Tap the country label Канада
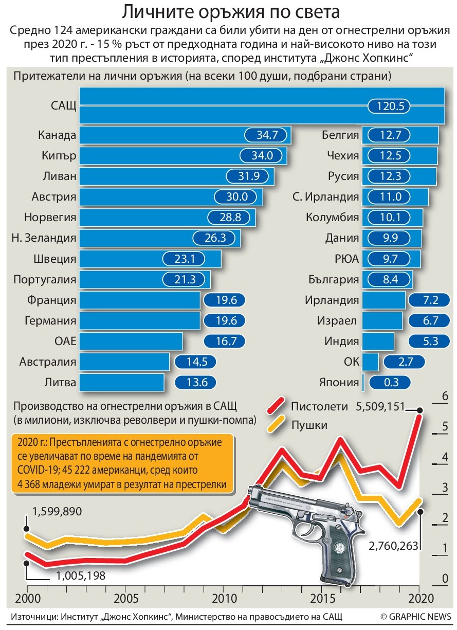point(57,135)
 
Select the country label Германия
point(50,321)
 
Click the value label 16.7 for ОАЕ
point(224,341)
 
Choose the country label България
point(333,280)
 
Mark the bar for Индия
point(378,341)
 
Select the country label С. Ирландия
point(325,197)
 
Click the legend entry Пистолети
point(319,406)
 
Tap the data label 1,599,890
point(57,512)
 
